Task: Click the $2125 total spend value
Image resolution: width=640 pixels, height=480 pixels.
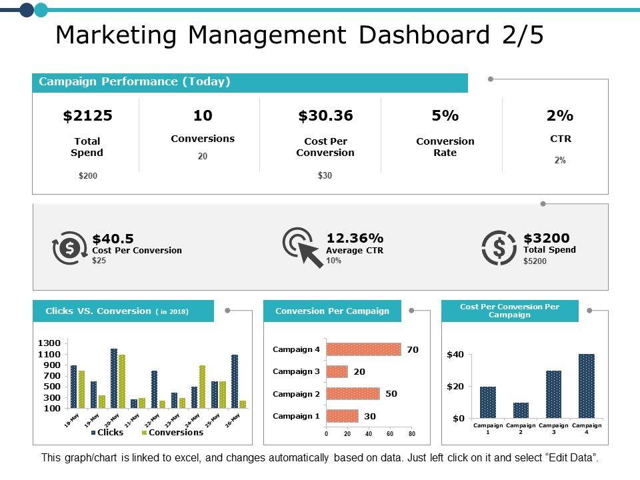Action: (87, 116)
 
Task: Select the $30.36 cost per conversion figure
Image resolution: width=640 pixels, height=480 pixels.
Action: (325, 116)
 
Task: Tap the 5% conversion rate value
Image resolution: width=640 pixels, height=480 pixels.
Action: (445, 116)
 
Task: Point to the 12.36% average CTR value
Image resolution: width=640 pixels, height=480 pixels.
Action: (355, 239)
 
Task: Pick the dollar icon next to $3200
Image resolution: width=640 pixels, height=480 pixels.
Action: (499, 247)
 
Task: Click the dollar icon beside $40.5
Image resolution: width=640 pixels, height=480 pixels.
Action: (69, 247)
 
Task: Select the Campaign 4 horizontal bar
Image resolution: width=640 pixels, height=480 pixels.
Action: (363, 349)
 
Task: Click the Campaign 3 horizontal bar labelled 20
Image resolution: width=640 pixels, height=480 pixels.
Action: (337, 371)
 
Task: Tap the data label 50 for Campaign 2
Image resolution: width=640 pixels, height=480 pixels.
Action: (391, 393)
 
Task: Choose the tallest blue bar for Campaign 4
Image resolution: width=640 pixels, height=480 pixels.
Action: (587, 386)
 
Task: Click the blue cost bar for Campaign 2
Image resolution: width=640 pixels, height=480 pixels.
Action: (521, 410)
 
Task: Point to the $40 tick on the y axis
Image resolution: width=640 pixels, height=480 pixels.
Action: (455, 355)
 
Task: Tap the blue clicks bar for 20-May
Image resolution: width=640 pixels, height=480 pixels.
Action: (114, 378)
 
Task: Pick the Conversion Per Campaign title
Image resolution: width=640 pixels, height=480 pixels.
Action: (332, 311)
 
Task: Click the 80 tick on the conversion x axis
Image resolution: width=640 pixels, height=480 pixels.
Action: (412, 434)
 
